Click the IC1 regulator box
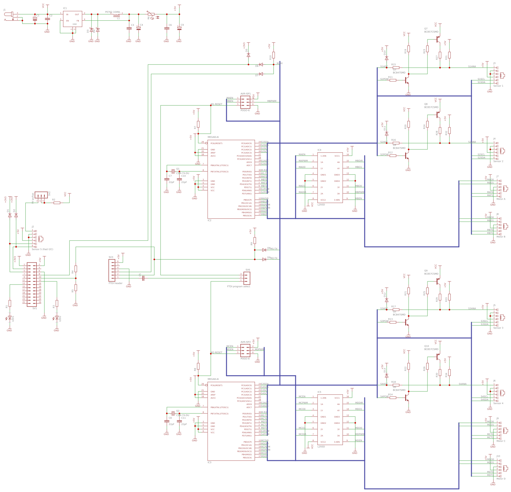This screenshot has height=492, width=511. pos(73,19)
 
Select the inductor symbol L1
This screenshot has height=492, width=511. pos(117,14)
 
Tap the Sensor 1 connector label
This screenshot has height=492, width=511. pos(498,86)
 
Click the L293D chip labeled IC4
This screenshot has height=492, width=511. pos(330,178)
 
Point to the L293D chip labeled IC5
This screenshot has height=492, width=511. pos(330,420)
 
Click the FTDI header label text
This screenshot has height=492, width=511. pos(116,283)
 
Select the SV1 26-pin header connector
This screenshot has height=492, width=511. pos(32,285)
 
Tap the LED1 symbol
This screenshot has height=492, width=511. pos(10,318)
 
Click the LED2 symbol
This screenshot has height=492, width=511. pos(57,318)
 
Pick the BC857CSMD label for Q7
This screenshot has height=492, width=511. pos(431,32)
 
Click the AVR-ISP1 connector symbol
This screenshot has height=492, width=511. pos(245,102)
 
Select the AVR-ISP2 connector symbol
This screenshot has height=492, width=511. pos(245,351)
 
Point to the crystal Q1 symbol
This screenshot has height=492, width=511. pos(173,172)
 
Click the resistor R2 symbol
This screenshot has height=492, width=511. pos(57,203)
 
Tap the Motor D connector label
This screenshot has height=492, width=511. pos(501,479)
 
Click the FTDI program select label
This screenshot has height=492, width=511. pos(238,286)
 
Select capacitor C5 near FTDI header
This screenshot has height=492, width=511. pos(143,278)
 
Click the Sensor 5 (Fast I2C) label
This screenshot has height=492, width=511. pos(42,249)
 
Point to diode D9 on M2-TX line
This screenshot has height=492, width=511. pos(264,259)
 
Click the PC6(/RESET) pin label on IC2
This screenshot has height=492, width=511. pos(216,143)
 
